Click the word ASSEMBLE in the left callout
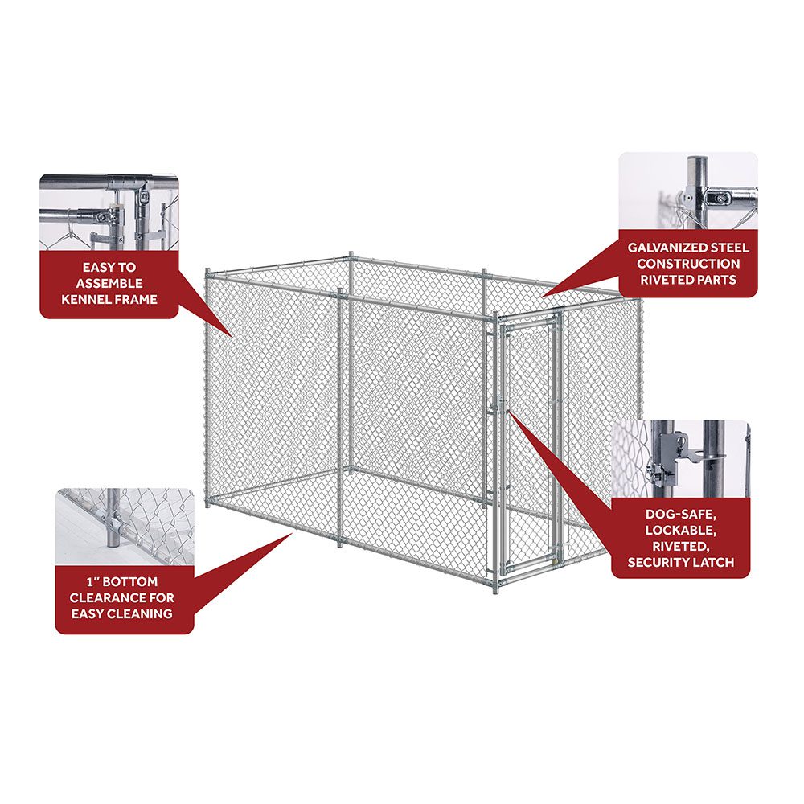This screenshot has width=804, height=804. point(109,284)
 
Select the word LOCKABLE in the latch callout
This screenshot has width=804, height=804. point(681,530)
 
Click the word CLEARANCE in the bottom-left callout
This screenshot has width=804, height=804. point(121,597)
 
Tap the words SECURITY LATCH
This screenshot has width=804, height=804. point(681,563)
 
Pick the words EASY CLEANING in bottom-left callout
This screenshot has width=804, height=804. point(121,613)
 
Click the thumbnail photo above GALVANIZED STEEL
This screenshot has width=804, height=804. point(688,191)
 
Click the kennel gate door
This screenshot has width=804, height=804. point(527,450)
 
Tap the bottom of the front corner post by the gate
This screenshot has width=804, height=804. point(495,589)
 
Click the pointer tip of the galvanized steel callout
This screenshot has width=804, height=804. point(544,296)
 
